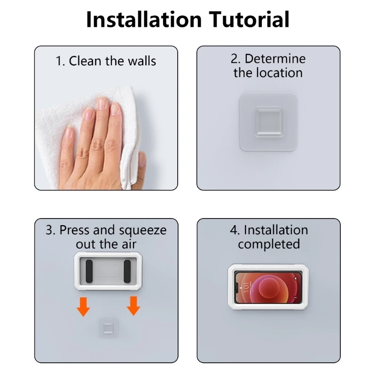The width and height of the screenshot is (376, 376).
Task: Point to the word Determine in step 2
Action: (275, 59)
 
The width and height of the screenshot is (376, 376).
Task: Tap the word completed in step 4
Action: (268, 244)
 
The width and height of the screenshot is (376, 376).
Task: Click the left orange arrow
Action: (83, 305)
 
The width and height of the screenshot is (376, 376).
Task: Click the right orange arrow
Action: (133, 305)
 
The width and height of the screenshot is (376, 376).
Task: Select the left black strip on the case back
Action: (90, 272)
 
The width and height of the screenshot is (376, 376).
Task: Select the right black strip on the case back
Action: (127, 272)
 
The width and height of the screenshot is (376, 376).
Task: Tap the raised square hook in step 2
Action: (268, 122)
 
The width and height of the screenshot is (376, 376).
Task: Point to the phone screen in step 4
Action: (268, 287)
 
